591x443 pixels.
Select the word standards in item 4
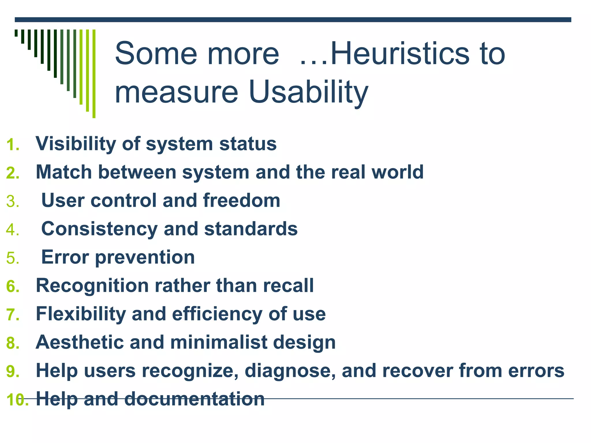(251, 229)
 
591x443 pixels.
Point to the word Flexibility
(81, 314)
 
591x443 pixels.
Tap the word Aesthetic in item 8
(79, 342)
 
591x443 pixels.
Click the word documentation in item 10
(194, 399)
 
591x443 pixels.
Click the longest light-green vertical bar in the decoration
(94, 74)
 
